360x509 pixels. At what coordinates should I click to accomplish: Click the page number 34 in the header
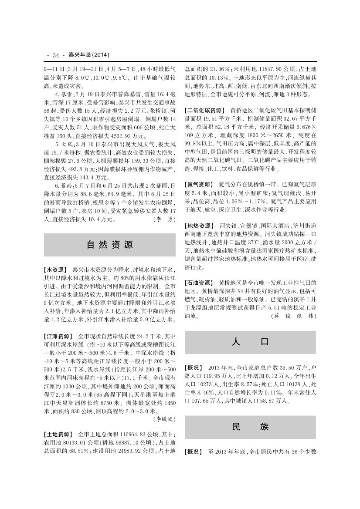[x=55, y=55]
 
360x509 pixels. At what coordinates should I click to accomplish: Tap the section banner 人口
[x=250, y=342]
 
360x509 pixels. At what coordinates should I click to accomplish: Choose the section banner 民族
[x=250, y=427]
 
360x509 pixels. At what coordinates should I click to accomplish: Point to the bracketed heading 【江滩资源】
[x=59, y=337]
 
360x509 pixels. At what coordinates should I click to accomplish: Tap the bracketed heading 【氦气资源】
[x=199, y=184]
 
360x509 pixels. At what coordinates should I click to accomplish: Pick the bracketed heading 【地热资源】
[x=199, y=226]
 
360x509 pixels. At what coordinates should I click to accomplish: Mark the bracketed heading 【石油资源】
[x=199, y=283]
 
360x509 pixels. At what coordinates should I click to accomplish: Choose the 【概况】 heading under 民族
[x=194, y=452]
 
